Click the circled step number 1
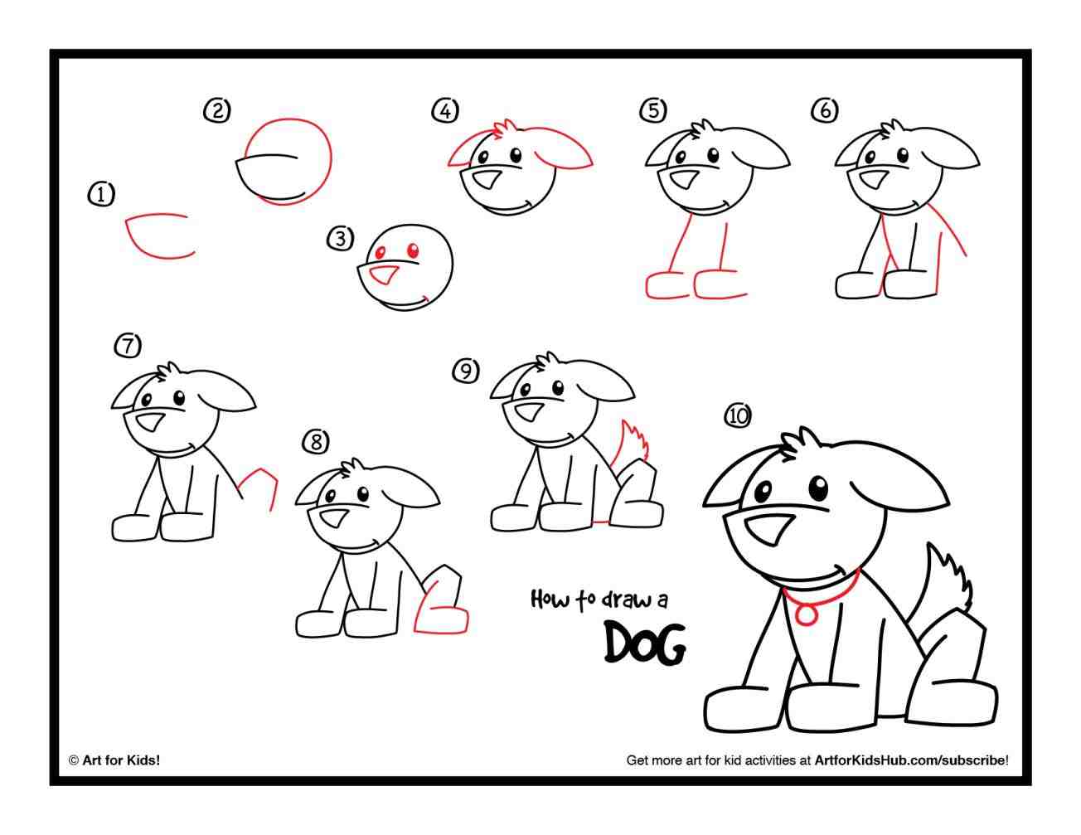[101, 195]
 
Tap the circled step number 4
[445, 110]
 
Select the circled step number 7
[128, 345]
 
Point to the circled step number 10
[737, 415]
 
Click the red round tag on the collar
[806, 614]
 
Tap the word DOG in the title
[644, 643]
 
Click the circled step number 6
[825, 110]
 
